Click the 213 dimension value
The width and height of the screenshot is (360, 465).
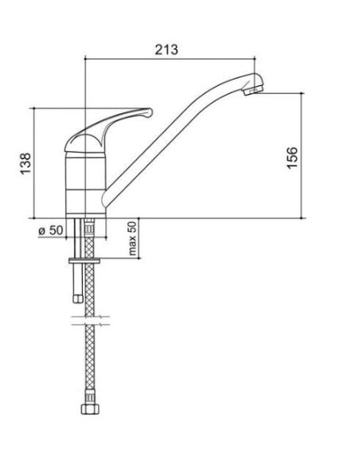tap(166, 49)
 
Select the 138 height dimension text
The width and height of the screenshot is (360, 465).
tap(25, 163)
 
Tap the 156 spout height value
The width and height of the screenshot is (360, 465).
tap(292, 158)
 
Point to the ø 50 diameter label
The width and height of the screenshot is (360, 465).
tap(51, 230)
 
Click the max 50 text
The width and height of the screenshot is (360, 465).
tap(132, 238)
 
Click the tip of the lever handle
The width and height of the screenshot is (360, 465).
tap(151, 112)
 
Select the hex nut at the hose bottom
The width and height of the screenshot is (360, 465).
tap(90, 408)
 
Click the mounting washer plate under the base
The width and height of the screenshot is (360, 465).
tap(84, 261)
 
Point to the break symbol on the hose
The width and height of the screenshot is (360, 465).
tap(91, 320)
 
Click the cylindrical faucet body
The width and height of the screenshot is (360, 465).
tap(85, 184)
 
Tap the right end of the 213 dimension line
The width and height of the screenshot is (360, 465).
tap(255, 59)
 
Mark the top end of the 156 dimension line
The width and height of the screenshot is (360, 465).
tap(302, 93)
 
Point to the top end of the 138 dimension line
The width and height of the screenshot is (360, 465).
tap(33, 108)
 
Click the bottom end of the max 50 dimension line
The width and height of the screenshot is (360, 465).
tap(139, 258)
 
